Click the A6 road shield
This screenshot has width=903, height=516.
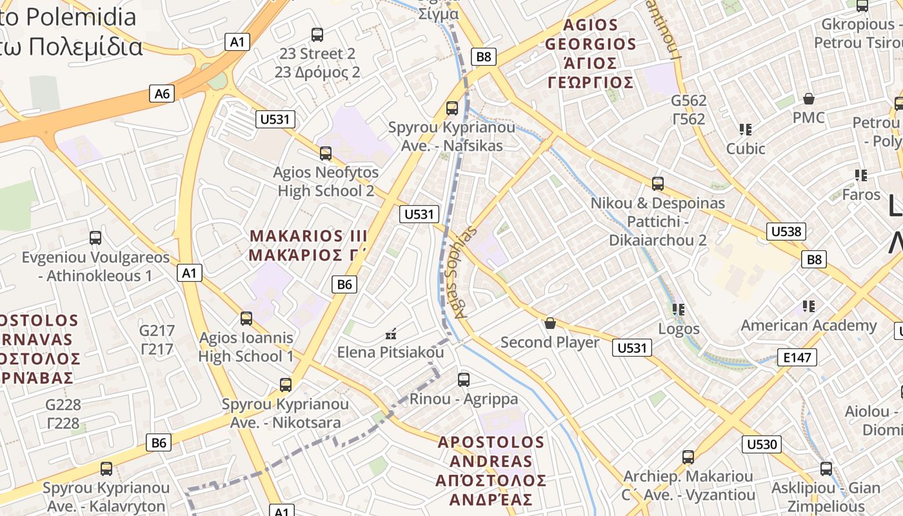coord(162,94)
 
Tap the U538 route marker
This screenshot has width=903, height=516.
coord(786,232)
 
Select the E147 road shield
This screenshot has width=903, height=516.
coord(797,357)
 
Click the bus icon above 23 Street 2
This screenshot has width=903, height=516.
coord(317,34)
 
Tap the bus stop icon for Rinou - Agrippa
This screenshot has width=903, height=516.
coord(463,379)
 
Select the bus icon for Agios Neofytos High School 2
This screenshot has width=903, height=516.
coord(326,154)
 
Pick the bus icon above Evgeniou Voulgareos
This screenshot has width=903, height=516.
coord(95,238)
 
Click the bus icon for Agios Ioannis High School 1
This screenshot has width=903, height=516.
coord(246,318)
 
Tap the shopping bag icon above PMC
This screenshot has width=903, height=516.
coord(809,99)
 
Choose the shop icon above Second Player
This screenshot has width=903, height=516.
coord(550,322)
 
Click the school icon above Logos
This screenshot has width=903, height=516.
coord(678,310)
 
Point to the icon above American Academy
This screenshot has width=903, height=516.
coord(808,306)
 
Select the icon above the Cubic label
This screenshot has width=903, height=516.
coord(746,130)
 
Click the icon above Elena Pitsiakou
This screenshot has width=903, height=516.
coord(390,334)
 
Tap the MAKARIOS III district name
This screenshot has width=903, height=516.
coord(308,245)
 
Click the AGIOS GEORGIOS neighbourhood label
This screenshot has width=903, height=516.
coord(590,54)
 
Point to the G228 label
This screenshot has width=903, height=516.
coord(63,414)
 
